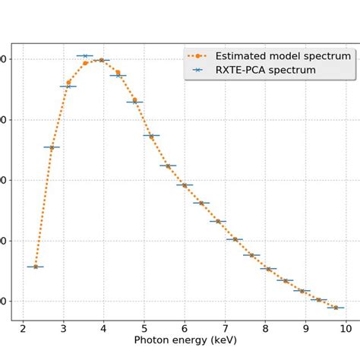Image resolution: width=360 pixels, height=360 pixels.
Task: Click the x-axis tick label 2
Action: click(x=23, y=328)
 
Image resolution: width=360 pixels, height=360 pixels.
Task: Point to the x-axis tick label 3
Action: click(x=63, y=328)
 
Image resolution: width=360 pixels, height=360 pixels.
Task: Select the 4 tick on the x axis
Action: click(x=103, y=328)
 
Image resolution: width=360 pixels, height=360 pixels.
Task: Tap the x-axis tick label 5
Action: click(x=144, y=328)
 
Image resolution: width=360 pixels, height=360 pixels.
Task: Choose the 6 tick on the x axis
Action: click(x=184, y=328)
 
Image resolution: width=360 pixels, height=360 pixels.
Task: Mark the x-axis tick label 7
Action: click(x=224, y=328)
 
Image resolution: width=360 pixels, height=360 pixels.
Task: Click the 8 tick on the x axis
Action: click(x=265, y=328)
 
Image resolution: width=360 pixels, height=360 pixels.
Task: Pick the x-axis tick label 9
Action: click(x=305, y=328)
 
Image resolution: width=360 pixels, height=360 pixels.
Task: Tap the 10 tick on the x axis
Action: click(x=346, y=328)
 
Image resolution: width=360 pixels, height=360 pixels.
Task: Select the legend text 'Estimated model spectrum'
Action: click(x=283, y=55)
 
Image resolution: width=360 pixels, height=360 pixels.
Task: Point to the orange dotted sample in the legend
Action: click(x=198, y=55)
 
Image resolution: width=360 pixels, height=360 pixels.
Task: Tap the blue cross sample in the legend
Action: click(x=198, y=70)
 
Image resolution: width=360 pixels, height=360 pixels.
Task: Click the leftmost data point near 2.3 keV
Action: click(x=35, y=267)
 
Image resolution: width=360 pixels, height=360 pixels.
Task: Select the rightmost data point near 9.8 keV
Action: click(x=336, y=308)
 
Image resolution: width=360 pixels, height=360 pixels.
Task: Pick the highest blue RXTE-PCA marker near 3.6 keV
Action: click(x=85, y=56)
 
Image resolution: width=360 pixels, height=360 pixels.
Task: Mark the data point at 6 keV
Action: click(x=184, y=185)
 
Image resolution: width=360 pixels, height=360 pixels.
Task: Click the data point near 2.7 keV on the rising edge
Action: click(x=52, y=147)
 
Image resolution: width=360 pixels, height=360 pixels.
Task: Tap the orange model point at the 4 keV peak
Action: click(x=101, y=59)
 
